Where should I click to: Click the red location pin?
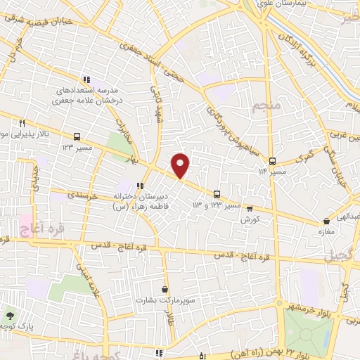(x=181, y=165)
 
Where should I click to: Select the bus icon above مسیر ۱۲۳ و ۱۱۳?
(x=217, y=193)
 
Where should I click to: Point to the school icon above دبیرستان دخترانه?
(x=140, y=186)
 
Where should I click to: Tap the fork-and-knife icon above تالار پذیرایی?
(x=22, y=121)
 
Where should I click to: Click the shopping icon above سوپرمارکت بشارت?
(x=165, y=288)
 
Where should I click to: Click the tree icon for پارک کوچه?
(x=9, y=316)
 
